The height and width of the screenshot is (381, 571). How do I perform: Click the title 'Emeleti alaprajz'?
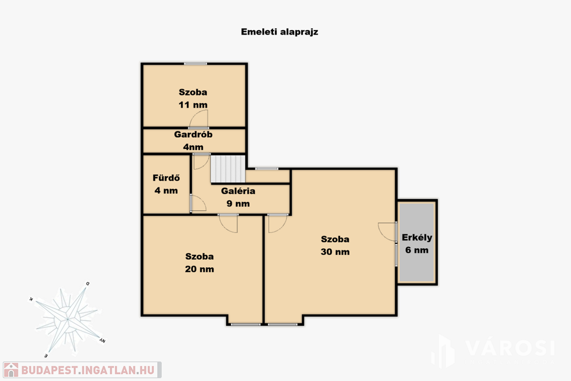pos(279,32)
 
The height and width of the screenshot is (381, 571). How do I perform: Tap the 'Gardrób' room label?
pos(193,134)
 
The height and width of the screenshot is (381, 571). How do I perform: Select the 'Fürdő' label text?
pos(166,178)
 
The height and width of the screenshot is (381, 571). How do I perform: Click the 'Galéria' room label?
pos(238,191)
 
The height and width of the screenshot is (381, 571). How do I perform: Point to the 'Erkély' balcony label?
pos(417,238)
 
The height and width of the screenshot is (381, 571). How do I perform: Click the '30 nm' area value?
pos(335,252)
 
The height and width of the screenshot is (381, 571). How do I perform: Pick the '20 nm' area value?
pos(199,269)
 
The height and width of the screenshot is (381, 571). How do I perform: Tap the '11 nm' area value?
pos(193,105)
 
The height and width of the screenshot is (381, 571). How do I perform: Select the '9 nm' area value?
pos(238,204)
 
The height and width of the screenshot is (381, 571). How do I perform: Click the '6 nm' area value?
pos(417,250)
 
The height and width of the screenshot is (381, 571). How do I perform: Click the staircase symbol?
pos(228,168)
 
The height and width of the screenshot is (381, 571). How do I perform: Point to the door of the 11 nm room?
pos(199,119)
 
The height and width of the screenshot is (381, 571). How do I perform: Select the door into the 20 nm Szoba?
pos(229,223)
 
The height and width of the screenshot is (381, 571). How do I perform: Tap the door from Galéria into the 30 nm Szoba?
pos(278,223)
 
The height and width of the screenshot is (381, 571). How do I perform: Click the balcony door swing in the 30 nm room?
pos(388,232)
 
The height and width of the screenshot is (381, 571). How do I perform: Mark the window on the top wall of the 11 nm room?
pos(195,64)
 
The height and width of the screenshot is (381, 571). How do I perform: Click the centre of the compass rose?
pos(67,320)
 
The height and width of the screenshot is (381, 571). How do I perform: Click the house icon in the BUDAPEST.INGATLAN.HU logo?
pos(11,370)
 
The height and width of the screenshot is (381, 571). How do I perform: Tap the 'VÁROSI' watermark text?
pos(510,348)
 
